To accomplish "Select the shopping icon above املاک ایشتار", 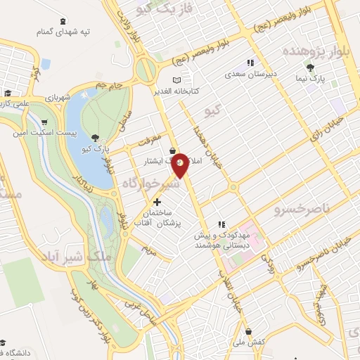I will coord(172,150).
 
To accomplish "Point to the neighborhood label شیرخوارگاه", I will coord(146,184).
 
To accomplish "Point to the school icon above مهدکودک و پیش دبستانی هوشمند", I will coord(221,224).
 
